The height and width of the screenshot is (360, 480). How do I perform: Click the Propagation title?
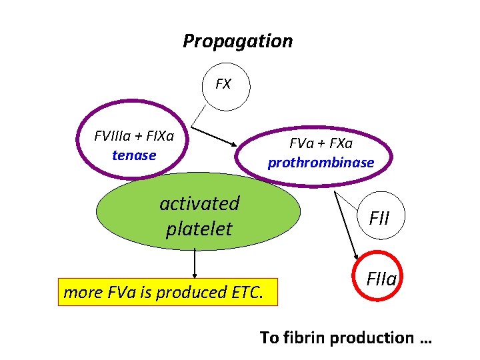point(237,41)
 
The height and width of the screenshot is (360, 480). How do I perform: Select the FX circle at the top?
point(223,85)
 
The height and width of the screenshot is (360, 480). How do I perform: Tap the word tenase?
point(134,155)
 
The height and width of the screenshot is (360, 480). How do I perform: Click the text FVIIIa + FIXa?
point(134,137)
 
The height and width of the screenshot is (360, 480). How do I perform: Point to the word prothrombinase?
point(321,162)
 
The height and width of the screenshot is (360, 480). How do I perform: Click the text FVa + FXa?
point(321,143)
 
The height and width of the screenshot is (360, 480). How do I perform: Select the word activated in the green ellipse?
point(199,203)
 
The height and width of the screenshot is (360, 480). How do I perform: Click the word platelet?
point(199,229)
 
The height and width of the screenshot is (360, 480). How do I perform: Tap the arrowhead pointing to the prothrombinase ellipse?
point(233,145)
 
